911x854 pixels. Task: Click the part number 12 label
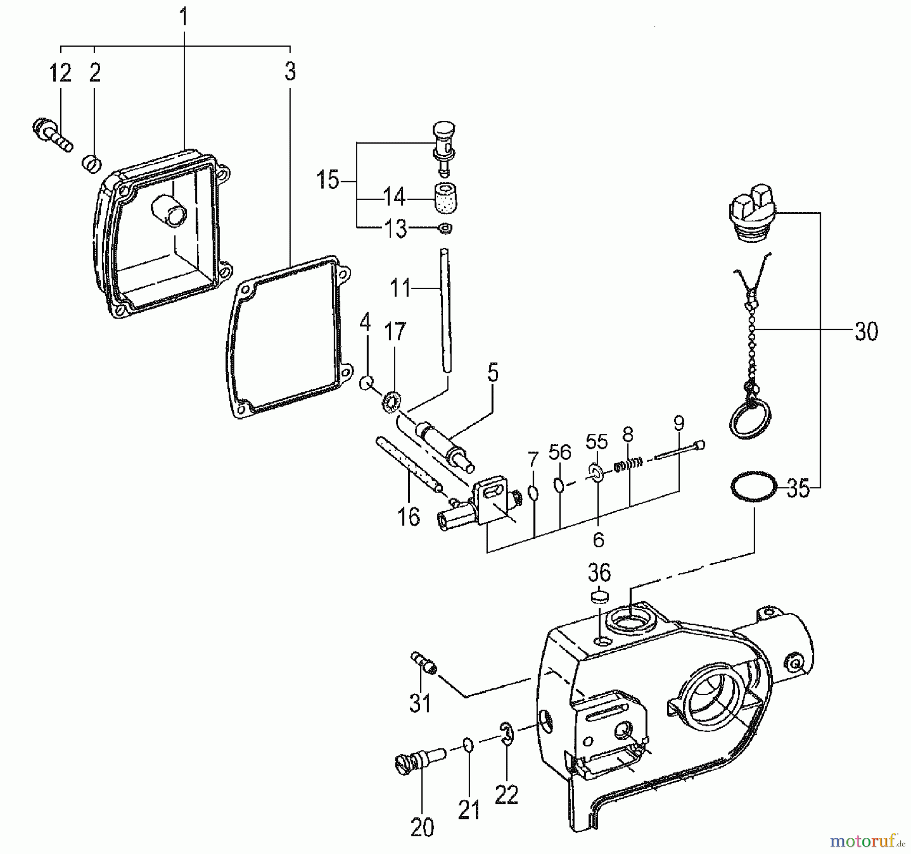[60, 73]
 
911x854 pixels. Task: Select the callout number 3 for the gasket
[289, 72]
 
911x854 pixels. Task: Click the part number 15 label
[327, 180]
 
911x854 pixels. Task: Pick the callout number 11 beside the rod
[400, 289]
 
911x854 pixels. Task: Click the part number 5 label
[492, 373]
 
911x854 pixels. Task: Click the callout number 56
[560, 452]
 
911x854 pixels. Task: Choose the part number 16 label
[408, 516]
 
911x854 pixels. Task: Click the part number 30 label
[866, 332]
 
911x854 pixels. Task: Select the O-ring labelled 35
[754, 486]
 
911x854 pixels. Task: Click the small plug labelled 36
[599, 597]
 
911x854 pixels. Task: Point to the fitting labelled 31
[423, 662]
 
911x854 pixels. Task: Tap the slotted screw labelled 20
[413, 760]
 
